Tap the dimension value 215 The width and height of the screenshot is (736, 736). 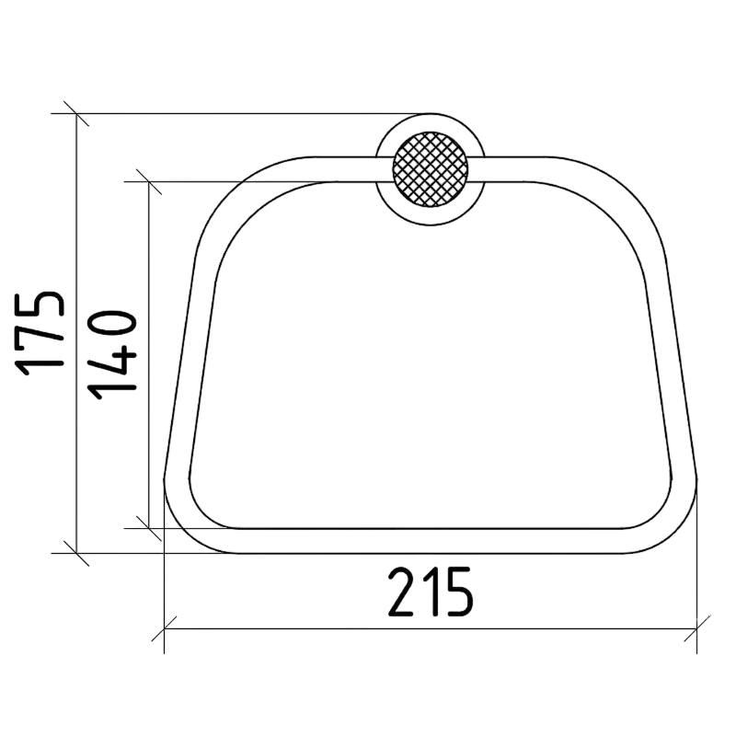[x=430, y=592]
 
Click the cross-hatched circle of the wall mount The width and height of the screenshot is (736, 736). [x=430, y=169]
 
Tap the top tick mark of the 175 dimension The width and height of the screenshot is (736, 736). [x=76, y=113]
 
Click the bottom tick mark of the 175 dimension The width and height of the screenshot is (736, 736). [x=76, y=553]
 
